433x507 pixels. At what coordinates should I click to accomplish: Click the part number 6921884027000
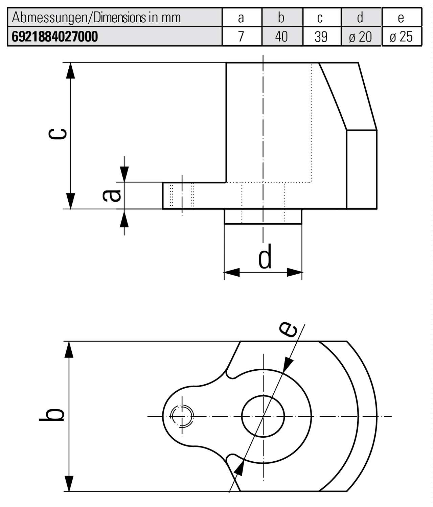tap(55, 37)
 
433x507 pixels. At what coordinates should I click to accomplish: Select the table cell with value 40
tap(281, 37)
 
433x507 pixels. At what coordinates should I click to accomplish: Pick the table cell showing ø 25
tap(401, 37)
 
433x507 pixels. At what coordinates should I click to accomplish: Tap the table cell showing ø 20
tap(360, 37)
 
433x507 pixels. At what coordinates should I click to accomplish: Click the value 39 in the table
tap(321, 37)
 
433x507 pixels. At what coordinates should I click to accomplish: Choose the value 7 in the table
tap(241, 37)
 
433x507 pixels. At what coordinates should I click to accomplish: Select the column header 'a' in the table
tap(241, 18)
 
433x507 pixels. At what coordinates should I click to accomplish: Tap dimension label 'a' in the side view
tap(112, 195)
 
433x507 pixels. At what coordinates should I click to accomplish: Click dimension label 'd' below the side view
tap(265, 257)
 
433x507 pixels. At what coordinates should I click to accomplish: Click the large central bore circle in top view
tap(263, 416)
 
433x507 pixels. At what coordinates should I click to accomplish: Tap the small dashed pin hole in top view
tap(182, 416)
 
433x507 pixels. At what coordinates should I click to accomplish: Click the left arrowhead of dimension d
tap(232, 272)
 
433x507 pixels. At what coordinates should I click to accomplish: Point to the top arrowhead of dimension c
tap(70, 70)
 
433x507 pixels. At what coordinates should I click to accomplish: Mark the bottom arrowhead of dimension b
tap(69, 483)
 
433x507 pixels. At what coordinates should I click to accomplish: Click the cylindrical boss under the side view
tap(263, 216)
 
